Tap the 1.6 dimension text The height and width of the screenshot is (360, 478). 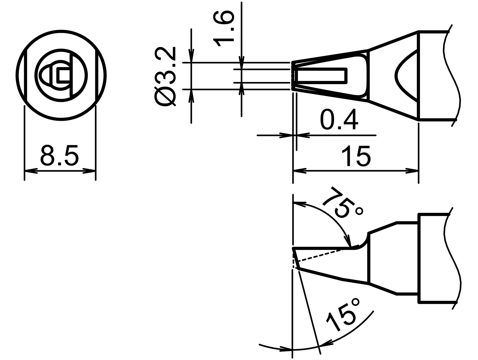tap(223, 29)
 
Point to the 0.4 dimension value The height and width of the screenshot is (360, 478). tap(338, 120)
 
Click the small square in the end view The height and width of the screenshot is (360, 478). tap(63, 75)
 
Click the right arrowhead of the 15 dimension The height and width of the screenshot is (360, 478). tap(412, 171)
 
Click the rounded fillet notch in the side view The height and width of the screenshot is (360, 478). tap(362, 242)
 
